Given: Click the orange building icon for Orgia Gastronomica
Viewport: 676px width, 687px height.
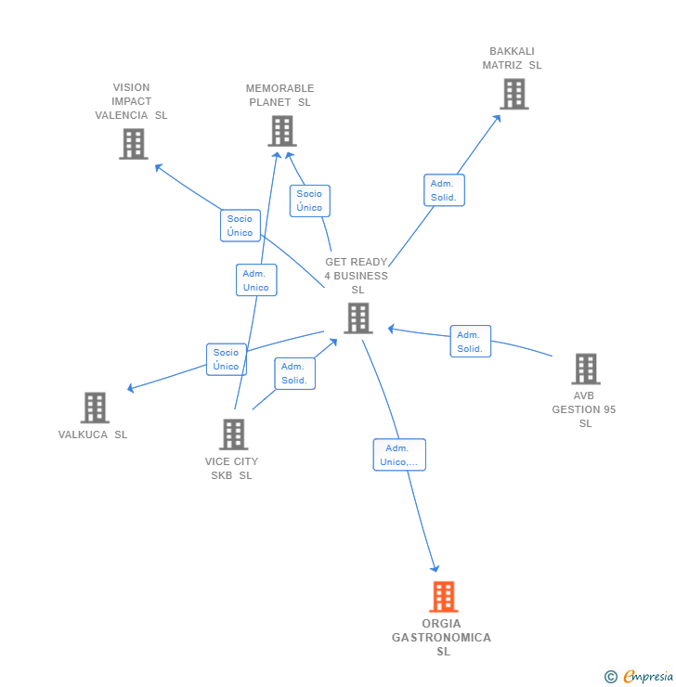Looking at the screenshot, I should pyautogui.click(x=444, y=597).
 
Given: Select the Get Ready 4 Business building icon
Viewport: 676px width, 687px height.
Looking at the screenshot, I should pyautogui.click(x=357, y=318).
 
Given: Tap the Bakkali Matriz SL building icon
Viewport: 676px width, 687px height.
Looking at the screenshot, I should pyautogui.click(x=513, y=94).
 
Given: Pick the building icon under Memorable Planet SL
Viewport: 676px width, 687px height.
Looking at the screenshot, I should pyautogui.click(x=281, y=131).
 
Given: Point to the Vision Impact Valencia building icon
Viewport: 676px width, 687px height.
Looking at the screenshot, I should pyautogui.click(x=133, y=144).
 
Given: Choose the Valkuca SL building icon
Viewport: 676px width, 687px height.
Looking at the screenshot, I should pyautogui.click(x=95, y=408).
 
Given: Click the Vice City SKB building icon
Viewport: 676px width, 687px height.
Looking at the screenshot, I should pyautogui.click(x=233, y=434).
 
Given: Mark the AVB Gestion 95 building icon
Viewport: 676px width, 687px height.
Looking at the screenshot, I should pyautogui.click(x=585, y=369).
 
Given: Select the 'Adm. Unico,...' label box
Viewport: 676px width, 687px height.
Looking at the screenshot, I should pyautogui.click(x=399, y=455).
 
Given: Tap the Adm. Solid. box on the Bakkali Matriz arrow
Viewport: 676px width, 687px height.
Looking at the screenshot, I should pyautogui.click(x=444, y=190).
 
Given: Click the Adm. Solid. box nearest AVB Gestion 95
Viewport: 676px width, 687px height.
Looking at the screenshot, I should pyautogui.click(x=470, y=342).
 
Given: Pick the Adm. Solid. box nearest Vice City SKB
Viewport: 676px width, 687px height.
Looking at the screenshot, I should pyautogui.click(x=295, y=373).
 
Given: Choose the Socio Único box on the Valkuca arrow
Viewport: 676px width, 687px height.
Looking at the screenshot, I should pyautogui.click(x=226, y=359).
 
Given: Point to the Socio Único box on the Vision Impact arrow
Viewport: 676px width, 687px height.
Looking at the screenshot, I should pyautogui.click(x=240, y=226).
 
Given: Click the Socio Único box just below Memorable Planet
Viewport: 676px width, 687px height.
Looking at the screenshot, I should pyautogui.click(x=309, y=201).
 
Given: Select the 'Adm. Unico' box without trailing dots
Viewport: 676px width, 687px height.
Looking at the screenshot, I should pyautogui.click(x=255, y=280).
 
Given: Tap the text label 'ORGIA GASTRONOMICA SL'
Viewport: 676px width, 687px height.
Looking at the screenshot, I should pyautogui.click(x=442, y=637).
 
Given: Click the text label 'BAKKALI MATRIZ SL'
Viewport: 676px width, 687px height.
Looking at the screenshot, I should pyautogui.click(x=512, y=58).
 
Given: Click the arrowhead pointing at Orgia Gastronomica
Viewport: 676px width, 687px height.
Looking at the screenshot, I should pyautogui.click(x=435, y=568).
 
